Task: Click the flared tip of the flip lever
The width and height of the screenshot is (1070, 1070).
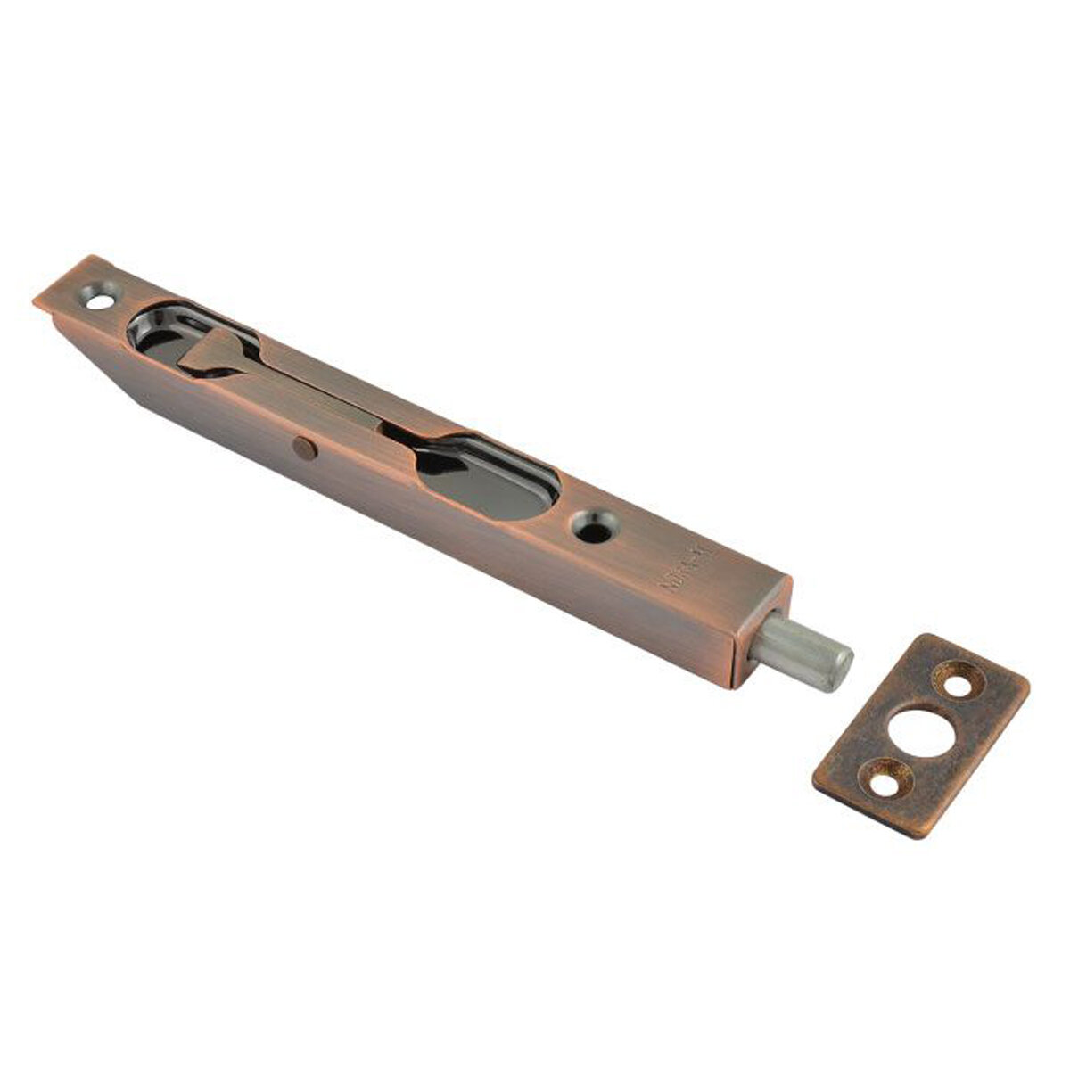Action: [201, 352]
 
